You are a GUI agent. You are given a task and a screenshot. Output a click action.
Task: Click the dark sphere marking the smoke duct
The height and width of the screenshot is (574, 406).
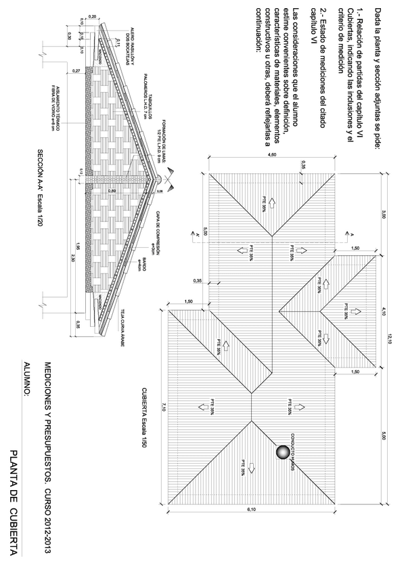tap(282, 452)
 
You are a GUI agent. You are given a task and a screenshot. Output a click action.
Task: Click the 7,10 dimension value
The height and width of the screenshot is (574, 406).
tap(162, 405)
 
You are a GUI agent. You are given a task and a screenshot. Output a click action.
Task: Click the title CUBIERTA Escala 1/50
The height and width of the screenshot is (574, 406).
tap(144, 412)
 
